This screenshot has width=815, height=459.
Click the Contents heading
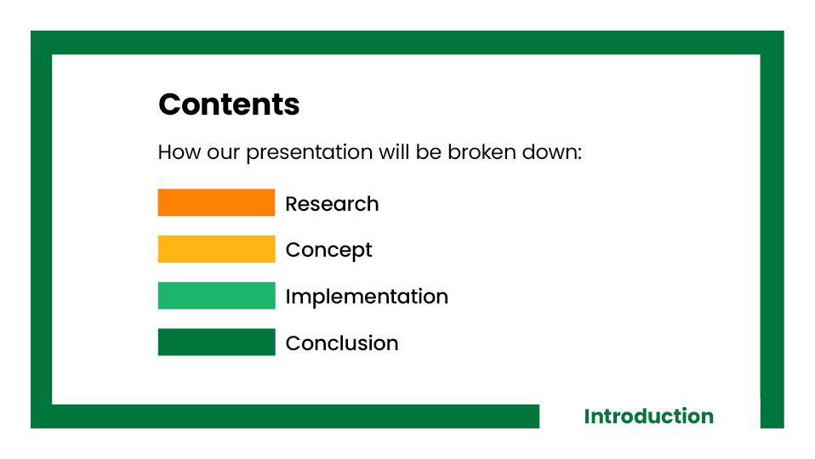[x=229, y=105]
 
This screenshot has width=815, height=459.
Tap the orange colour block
[x=216, y=202]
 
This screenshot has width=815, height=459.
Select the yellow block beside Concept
[x=216, y=249]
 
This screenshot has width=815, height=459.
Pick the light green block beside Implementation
[x=216, y=296]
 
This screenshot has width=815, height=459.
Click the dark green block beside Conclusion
[x=216, y=343]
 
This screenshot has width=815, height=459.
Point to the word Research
[x=332, y=204]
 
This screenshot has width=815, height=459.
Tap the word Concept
[x=328, y=251]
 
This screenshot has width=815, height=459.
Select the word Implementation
[x=367, y=297]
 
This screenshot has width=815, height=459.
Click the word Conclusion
[x=342, y=343]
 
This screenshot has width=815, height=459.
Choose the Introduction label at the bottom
[x=648, y=416]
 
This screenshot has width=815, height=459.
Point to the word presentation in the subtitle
[x=310, y=153]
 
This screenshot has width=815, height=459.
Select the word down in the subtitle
[x=550, y=153]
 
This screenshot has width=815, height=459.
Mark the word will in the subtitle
[x=394, y=152]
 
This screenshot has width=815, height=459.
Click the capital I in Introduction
[x=587, y=416]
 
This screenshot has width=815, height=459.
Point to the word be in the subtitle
[x=429, y=152]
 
